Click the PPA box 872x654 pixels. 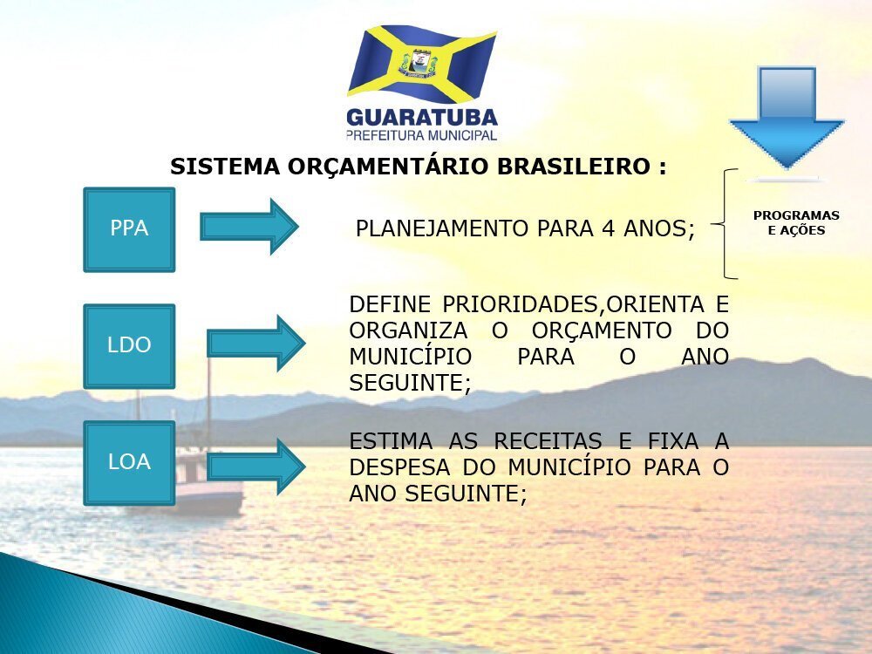[129, 229]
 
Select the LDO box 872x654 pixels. [129, 346]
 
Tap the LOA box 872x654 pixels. [129, 463]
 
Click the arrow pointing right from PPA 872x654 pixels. [249, 227]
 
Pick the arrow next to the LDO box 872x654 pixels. [255, 343]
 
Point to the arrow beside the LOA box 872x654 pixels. [255, 467]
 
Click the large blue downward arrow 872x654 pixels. [787, 118]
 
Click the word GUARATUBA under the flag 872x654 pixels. [421, 118]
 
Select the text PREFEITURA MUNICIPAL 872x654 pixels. [421, 135]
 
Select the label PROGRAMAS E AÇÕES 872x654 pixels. [796, 222]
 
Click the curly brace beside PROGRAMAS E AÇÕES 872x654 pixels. [725, 223]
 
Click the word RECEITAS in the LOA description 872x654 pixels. [548, 441]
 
